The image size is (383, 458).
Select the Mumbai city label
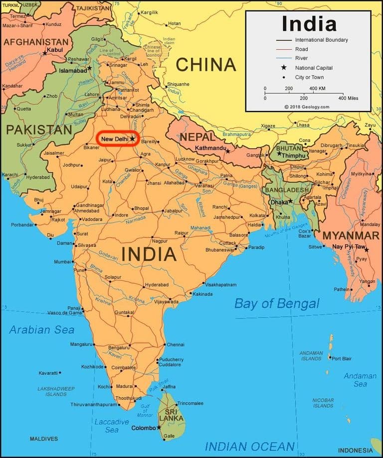(62, 262)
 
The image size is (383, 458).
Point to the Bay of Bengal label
(277, 304)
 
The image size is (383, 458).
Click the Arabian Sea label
(41, 330)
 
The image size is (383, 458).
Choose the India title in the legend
(309, 23)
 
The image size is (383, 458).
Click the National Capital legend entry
(314, 68)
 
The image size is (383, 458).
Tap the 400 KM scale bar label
(317, 88)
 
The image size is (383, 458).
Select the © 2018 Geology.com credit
(307, 107)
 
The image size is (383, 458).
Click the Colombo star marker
(159, 427)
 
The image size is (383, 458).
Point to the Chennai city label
(176, 344)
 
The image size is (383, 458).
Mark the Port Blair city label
(342, 358)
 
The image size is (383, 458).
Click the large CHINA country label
(205, 65)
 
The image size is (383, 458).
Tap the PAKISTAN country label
(39, 130)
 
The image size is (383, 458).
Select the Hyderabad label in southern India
(157, 285)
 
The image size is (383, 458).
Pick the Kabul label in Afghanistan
(54, 50)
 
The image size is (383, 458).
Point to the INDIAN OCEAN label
(249, 446)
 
